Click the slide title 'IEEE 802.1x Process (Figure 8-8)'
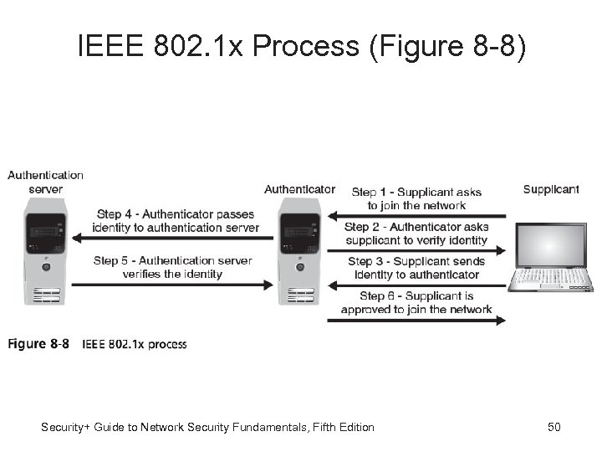[x=302, y=48]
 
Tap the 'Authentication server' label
[x=45, y=182]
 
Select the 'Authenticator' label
[x=299, y=189]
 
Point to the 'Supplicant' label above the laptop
[x=550, y=189]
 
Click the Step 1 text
[x=416, y=198]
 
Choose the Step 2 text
[x=416, y=234]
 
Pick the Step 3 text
[x=416, y=268]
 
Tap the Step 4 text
[x=176, y=220]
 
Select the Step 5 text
[x=173, y=267]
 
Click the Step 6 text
[x=416, y=302]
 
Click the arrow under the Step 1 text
[x=416, y=214]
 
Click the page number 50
[x=554, y=428]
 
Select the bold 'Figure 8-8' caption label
[x=38, y=344]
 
